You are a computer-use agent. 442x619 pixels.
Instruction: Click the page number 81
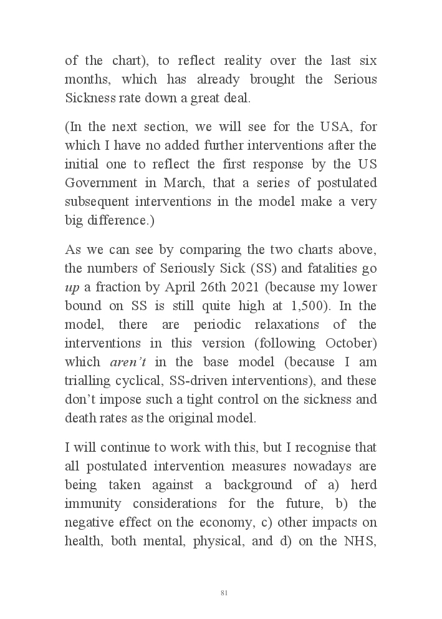pos(224,593)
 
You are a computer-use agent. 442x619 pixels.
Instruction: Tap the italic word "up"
pos(72,288)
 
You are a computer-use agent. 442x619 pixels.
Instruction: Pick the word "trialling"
pos(91,381)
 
